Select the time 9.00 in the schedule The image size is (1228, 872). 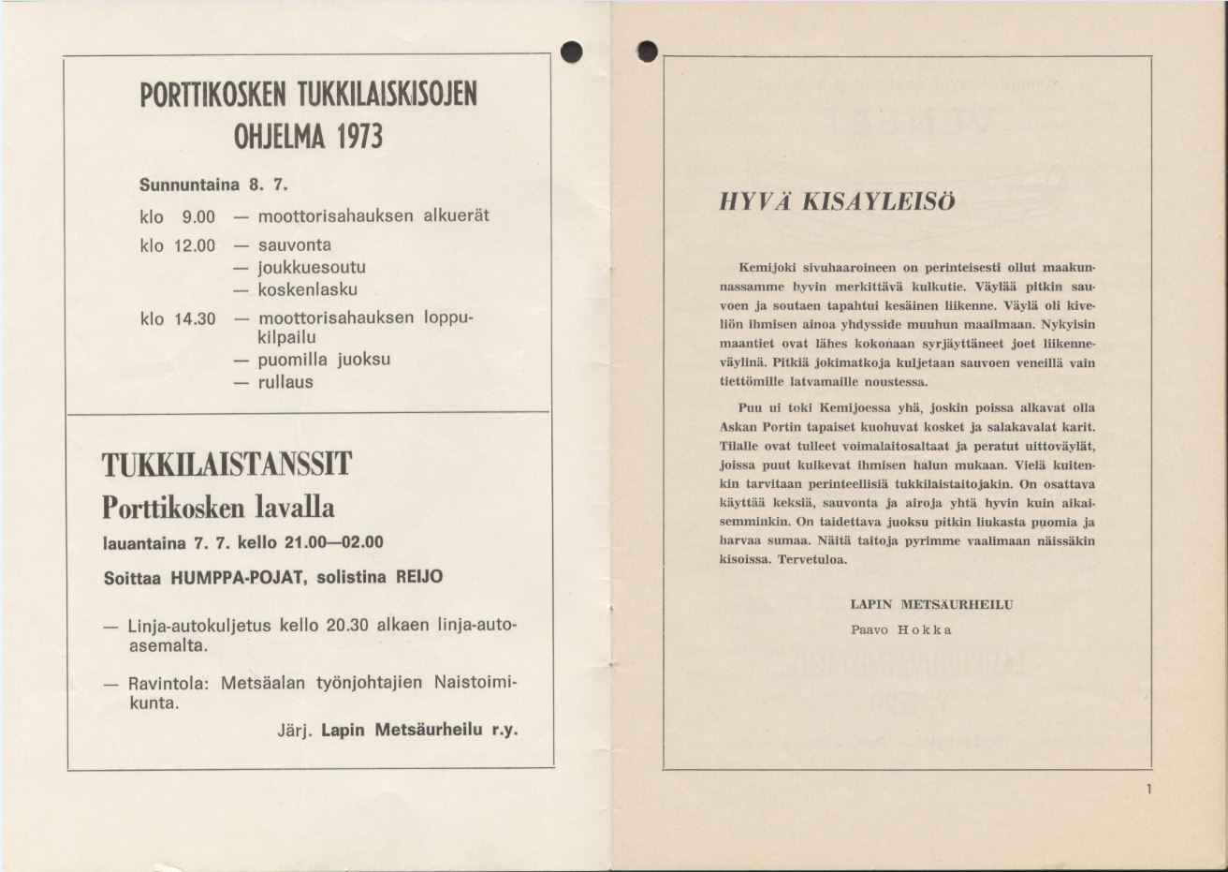coord(198,217)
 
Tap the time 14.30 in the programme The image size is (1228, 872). coord(195,319)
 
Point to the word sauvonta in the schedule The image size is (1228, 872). coord(294,245)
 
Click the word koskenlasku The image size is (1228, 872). coord(307,290)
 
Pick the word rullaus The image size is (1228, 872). coord(285,382)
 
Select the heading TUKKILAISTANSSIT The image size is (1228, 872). coord(227,465)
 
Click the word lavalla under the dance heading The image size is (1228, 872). coord(291,508)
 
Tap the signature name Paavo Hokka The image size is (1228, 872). coord(900,629)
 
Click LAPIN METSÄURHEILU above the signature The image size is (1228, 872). coord(930,605)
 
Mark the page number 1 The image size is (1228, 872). coord(1148,790)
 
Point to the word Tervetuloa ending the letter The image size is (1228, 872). coord(812,560)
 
